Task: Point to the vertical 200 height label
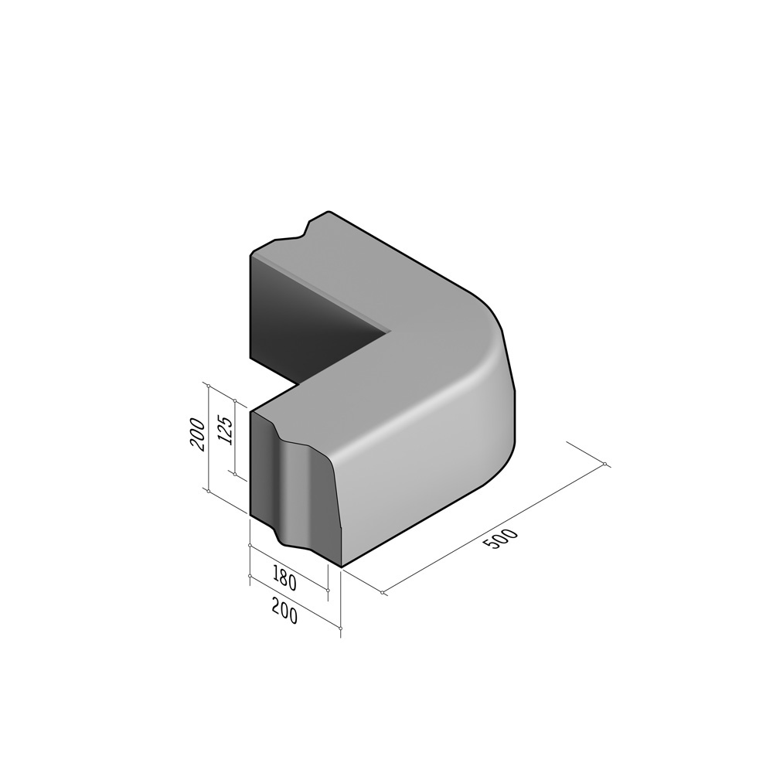(x=197, y=434)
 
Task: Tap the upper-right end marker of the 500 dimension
(x=605, y=465)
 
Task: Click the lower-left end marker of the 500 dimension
(x=383, y=592)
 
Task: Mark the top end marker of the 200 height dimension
(x=207, y=383)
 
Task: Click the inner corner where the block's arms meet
(x=390, y=334)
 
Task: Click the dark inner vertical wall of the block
(x=309, y=317)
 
